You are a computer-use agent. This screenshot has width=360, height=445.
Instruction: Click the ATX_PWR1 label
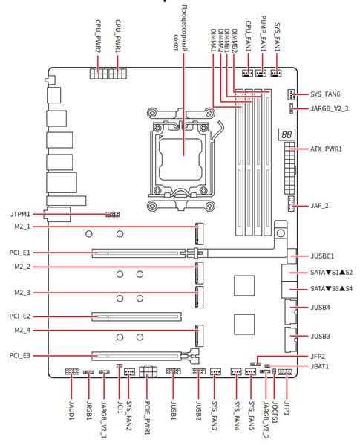point(326,149)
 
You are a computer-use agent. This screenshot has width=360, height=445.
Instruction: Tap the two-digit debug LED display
point(287,134)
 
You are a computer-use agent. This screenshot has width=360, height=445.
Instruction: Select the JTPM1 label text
point(20,214)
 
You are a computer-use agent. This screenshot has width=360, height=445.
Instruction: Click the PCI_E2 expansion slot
point(137,316)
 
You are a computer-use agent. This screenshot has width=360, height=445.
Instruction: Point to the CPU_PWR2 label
point(98,36)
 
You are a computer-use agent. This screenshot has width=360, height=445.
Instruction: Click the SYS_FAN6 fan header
point(291,94)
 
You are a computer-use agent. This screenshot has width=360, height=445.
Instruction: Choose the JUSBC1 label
point(322,256)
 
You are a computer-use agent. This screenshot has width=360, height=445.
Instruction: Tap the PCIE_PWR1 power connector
point(148,371)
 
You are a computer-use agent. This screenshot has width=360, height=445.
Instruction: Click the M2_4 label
point(22,330)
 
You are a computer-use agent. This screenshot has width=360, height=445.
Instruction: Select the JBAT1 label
point(320,366)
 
